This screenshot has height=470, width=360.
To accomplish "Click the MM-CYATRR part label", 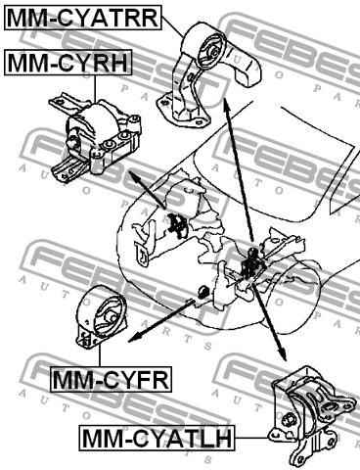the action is tap(83, 18).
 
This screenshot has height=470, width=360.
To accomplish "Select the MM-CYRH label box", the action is tap(68, 63).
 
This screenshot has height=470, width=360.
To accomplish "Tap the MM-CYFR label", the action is tap(111, 379).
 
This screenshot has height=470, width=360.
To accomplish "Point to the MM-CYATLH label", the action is tap(157, 438).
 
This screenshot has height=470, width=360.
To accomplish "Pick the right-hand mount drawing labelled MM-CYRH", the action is tap(95, 140).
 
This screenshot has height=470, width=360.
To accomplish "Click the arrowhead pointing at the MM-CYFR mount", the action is tap(134, 339).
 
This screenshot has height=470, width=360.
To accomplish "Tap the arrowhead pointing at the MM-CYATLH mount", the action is tap(283, 353).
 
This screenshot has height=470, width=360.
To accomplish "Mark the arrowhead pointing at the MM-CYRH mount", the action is tap(135, 176).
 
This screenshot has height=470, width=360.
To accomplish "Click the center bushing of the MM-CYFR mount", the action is tap(111, 317).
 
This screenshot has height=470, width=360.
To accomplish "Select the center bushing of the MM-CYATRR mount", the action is tap(214, 52).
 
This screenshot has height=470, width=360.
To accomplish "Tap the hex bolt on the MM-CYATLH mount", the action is tap(289, 419).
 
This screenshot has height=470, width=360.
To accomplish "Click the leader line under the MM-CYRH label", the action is tap(95, 88).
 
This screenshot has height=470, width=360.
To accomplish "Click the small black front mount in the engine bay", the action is tap(203, 292).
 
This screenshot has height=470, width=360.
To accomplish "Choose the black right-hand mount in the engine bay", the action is tap(178, 225).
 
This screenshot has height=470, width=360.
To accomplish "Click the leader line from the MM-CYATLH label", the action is tap(251, 438).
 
